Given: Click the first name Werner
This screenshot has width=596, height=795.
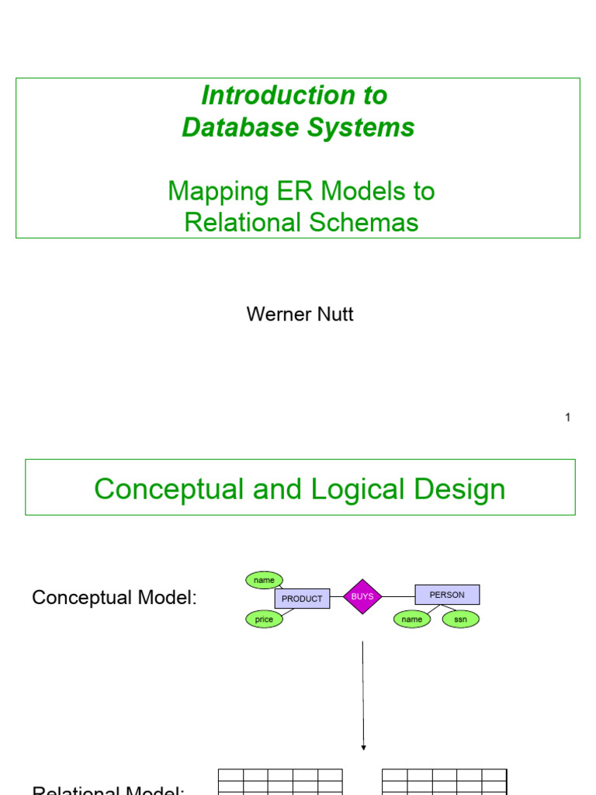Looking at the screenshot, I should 276,314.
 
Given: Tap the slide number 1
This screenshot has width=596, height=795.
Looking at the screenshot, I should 567,418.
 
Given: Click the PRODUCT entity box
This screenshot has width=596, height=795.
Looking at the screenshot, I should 302,599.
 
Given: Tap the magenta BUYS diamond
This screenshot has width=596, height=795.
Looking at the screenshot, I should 362,596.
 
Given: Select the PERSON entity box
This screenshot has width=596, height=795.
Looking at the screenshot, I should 447,595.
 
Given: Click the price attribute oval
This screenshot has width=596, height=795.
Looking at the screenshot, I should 264,620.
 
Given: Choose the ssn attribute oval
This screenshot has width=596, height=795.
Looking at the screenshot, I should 461,620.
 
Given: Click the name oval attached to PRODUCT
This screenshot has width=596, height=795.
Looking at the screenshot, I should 264,580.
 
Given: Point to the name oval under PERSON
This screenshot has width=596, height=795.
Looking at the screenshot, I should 411,620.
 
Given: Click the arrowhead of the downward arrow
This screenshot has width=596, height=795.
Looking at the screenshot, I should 363,748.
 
